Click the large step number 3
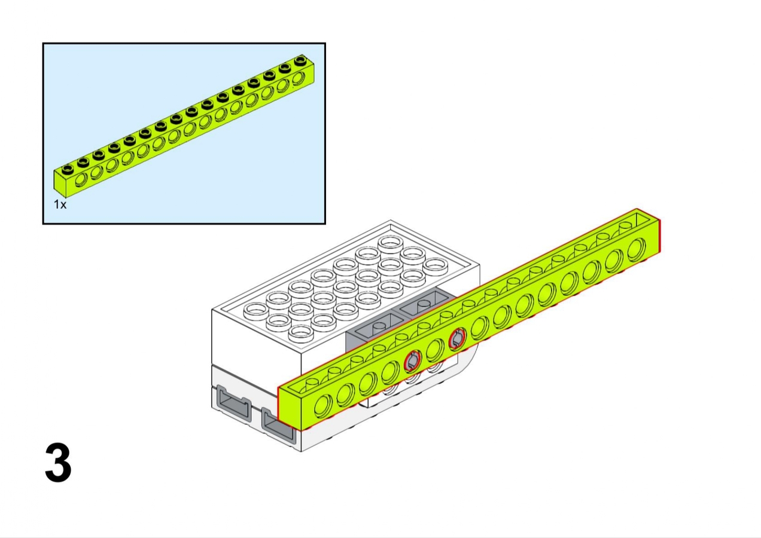point(58,462)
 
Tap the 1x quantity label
point(60,204)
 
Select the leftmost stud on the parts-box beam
point(68,169)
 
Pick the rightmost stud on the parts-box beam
point(300,60)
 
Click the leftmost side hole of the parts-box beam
point(81,181)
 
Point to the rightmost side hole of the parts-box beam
point(299,78)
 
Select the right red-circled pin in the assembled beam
point(457,339)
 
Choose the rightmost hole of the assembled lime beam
point(637,249)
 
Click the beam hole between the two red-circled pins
point(435,350)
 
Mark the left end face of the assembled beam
point(290,405)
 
